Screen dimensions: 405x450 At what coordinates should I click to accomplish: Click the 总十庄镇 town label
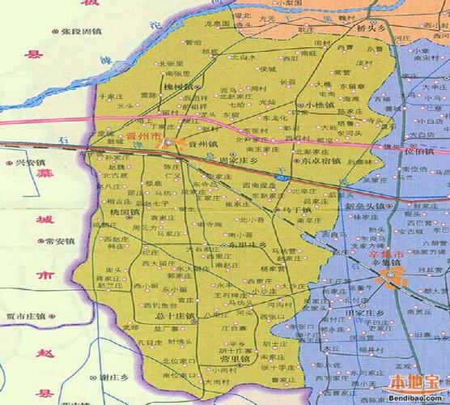pyautogui.click(x=178, y=316)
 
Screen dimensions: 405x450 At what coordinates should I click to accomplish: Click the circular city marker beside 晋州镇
pyautogui.click(x=169, y=143)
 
